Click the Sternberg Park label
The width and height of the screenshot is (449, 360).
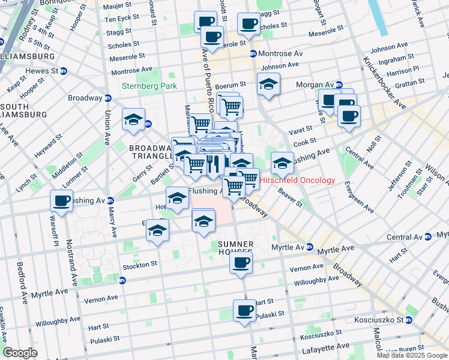pos(149,86)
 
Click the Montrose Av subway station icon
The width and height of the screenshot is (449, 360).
pos(253,53)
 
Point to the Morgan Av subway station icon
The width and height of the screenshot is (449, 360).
pos(339,85)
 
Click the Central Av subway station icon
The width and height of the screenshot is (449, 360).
pos(427,237)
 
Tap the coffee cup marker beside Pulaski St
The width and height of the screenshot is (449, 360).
pos(244,311)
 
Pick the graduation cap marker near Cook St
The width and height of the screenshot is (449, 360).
pos(282,162)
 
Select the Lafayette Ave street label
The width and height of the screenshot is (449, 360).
pos(325,347)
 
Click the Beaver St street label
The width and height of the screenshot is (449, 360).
pos(291,196)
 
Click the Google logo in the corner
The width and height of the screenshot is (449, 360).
pos(20,353)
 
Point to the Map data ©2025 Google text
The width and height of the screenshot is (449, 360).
pos(412,355)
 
